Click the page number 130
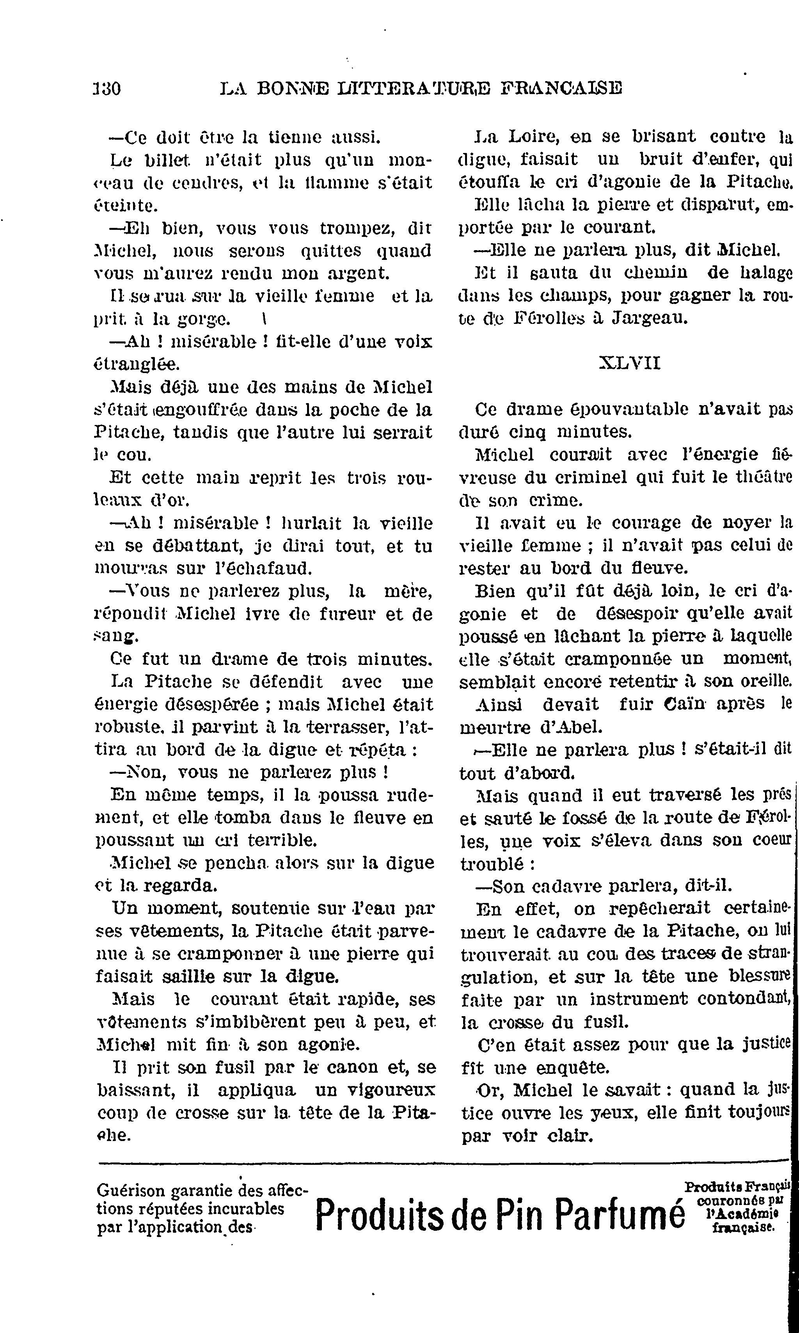(107, 88)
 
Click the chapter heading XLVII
(629, 363)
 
